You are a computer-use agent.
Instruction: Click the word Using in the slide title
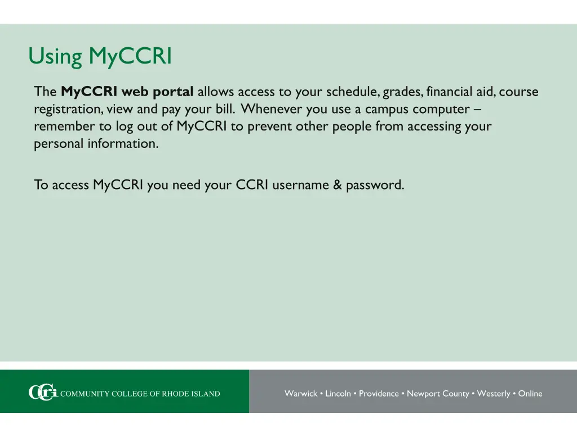tap(55, 57)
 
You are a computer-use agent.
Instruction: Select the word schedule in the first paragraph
tap(352, 92)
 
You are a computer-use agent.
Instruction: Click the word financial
tap(449, 92)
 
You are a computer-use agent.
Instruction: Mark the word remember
tap(65, 127)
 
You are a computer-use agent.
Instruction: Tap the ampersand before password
tap(338, 184)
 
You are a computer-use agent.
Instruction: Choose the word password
tap(375, 184)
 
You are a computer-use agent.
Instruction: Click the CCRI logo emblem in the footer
tap(43, 393)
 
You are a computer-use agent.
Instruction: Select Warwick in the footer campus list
tap(300, 394)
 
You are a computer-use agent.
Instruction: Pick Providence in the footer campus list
tap(379, 394)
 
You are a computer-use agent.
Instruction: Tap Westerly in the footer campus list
tap(494, 394)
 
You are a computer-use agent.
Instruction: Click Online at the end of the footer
tap(530, 394)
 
